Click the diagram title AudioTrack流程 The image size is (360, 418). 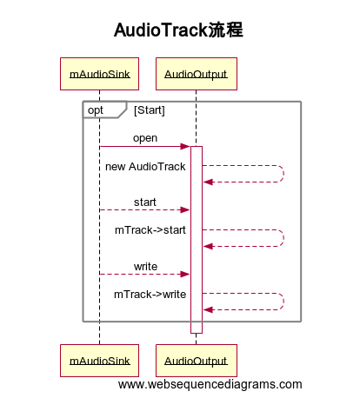tap(179, 30)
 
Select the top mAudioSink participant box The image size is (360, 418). tap(99, 74)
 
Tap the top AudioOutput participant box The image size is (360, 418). tap(196, 74)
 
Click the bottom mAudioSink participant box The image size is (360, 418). tap(99, 360)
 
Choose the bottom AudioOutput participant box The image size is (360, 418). tap(196, 360)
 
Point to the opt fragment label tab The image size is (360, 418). tap(97, 110)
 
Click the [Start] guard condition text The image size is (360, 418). tap(150, 110)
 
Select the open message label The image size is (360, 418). tap(145, 138)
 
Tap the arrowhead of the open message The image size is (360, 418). tap(185, 147)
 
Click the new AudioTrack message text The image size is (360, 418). tap(145, 166)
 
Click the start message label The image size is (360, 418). tap(145, 202)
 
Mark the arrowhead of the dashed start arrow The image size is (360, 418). tap(185, 210)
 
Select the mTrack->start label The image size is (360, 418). tap(150, 230)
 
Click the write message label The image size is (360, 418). tap(145, 265)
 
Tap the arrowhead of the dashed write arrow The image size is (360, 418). tap(185, 274)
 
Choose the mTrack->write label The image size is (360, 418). tap(150, 294)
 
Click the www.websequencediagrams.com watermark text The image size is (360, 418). tap(210, 384)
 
